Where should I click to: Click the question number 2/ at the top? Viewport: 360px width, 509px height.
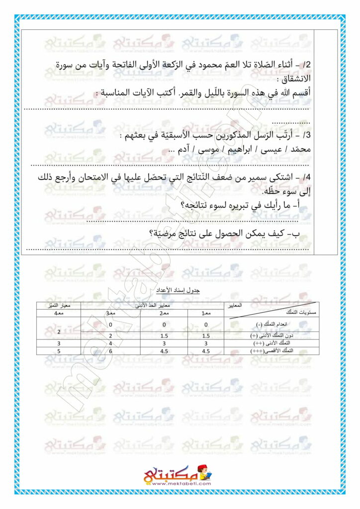click(x=304, y=65)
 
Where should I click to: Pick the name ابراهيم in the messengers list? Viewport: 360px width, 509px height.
click(x=235, y=149)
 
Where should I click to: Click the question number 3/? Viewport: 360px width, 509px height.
click(x=304, y=135)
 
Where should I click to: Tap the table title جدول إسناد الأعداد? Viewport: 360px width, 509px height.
click(x=179, y=289)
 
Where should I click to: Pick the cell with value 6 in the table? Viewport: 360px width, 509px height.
click(x=110, y=351)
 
